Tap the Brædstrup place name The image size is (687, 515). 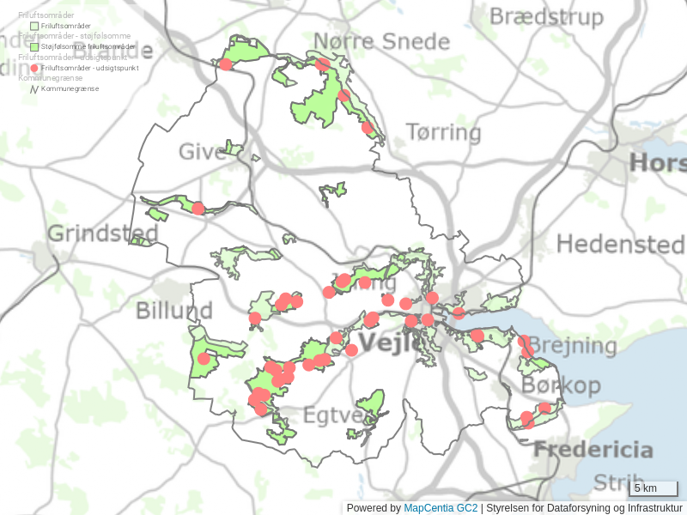561,16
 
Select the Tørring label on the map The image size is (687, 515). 443,132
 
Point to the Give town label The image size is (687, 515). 203,153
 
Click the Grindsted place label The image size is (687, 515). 103,233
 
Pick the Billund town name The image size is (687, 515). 174,310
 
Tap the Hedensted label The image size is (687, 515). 621,244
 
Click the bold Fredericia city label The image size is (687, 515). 593,450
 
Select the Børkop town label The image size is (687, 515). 561,385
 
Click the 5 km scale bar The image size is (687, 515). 654,488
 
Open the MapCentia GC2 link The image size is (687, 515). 441,508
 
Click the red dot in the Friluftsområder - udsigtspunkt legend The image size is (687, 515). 34,67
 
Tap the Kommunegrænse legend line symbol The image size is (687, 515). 34,88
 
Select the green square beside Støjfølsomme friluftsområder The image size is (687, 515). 34,46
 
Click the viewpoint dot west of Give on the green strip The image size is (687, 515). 198,208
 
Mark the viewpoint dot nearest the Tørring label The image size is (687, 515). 368,127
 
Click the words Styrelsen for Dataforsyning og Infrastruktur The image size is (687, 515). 584,508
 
